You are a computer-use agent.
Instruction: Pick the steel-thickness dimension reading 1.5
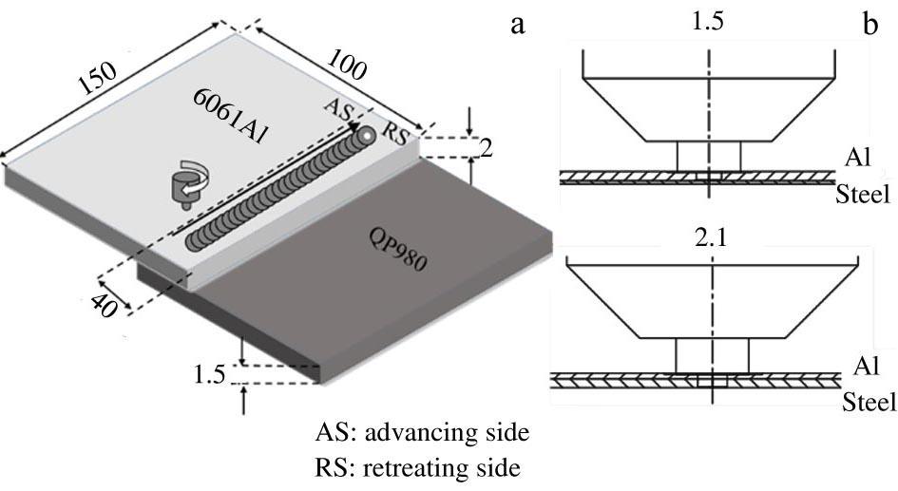coord(209,375)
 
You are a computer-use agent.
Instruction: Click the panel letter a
coord(518,26)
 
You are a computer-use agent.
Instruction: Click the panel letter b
coord(870,26)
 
